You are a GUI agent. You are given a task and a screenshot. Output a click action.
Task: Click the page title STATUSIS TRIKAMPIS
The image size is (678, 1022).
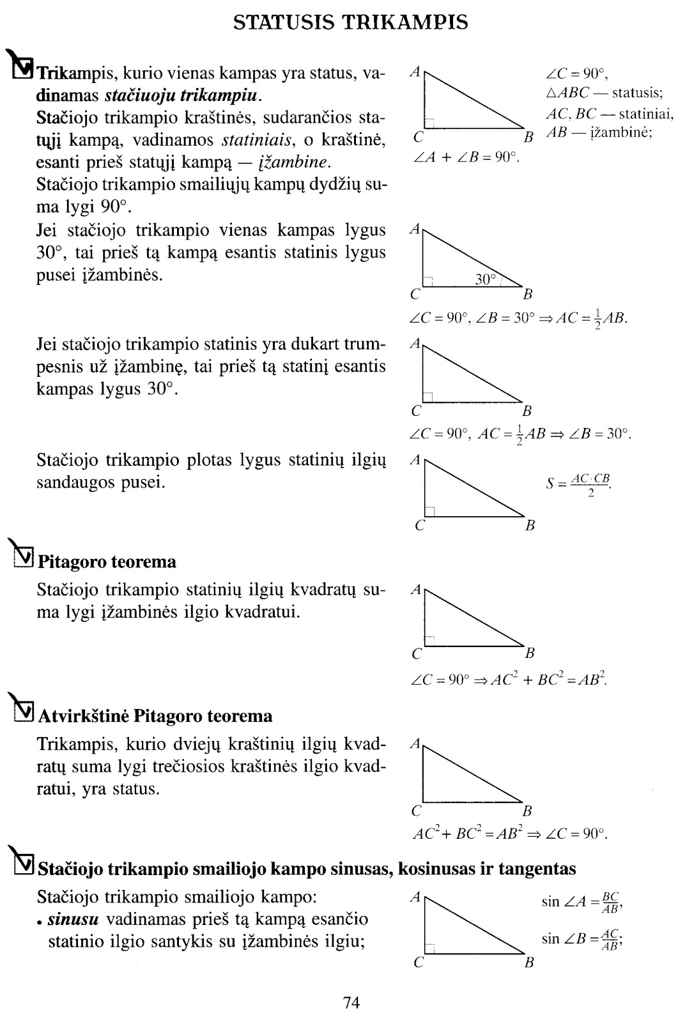350,23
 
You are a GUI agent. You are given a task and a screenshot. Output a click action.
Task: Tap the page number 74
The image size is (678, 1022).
351,1002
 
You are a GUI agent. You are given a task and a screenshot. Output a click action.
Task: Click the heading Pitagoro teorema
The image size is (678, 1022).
107,562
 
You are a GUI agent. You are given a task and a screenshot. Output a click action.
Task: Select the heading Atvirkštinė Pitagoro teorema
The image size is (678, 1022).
155,716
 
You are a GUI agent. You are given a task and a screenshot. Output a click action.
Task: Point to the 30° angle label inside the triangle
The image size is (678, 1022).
485,279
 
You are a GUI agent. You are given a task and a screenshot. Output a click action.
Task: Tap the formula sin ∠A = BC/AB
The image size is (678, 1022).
582,902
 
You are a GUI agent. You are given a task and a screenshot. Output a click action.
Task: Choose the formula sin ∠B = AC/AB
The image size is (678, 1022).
582,939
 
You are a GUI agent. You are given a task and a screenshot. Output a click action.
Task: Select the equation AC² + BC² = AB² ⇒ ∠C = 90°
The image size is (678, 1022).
509,834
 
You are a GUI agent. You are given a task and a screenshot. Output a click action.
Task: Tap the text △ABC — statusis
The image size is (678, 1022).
604,93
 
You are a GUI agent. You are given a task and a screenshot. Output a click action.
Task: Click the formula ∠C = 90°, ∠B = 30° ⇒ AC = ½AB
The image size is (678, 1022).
518,317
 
